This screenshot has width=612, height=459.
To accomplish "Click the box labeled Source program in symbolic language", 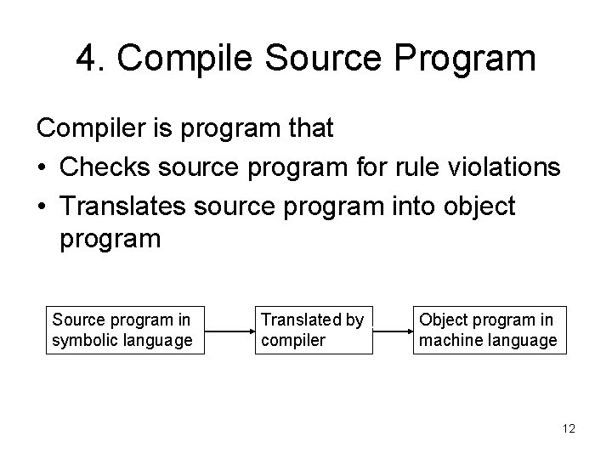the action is click(125, 331).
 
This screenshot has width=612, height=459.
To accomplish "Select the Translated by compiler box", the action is click(313, 331).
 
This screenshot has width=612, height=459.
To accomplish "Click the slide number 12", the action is click(568, 429).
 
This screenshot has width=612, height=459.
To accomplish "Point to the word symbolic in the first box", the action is click(85, 341).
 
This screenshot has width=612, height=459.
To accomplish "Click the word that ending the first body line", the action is click(310, 128).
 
